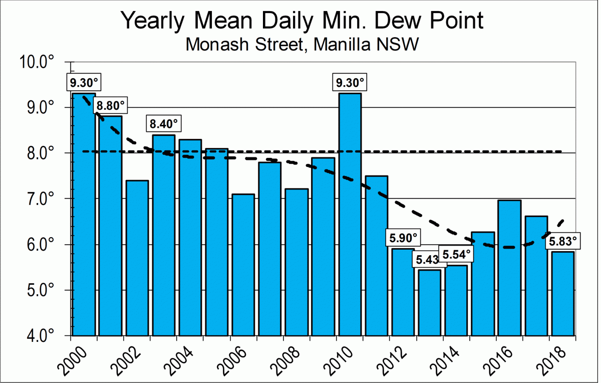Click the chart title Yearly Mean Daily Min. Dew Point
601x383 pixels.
[x=303, y=21]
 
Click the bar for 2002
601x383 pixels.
[x=137, y=258]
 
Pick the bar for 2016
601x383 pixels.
[x=510, y=268]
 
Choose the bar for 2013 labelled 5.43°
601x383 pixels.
[x=430, y=303]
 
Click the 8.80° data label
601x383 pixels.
[x=109, y=106]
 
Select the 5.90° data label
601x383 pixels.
[x=403, y=237]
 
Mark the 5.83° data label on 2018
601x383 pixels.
[x=563, y=242]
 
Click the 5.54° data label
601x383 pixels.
[x=456, y=254]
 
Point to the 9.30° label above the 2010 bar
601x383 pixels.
[x=350, y=82]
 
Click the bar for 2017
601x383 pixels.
[x=536, y=276]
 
